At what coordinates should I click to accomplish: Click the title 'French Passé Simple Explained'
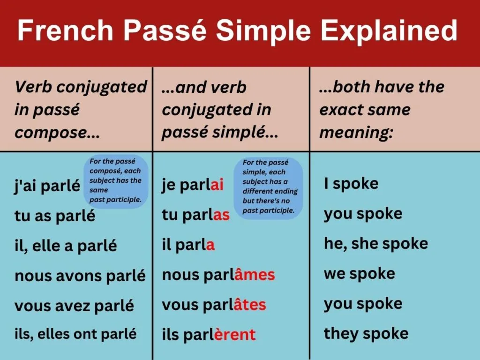pyautogui.click(x=237, y=31)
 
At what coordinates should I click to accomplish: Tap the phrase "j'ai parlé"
pyautogui.click(x=47, y=186)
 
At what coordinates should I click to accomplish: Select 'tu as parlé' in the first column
pyautogui.click(x=54, y=216)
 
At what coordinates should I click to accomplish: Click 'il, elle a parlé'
pyautogui.click(x=66, y=246)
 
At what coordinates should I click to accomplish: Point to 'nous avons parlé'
pyautogui.click(x=80, y=276)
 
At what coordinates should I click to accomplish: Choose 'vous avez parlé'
pyautogui.click(x=74, y=306)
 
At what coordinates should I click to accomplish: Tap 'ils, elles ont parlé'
pyautogui.click(x=75, y=334)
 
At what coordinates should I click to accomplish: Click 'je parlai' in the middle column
pyautogui.click(x=193, y=185)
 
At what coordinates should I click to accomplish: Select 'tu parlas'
pyautogui.click(x=195, y=215)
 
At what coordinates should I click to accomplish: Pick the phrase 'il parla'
pyautogui.click(x=188, y=245)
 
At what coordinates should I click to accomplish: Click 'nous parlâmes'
pyautogui.click(x=218, y=275)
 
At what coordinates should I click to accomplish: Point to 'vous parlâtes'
pyautogui.click(x=214, y=305)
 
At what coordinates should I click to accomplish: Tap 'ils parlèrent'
pyautogui.click(x=209, y=335)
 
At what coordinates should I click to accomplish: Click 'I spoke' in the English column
pyautogui.click(x=351, y=183)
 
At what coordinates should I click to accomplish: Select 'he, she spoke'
pyautogui.click(x=375, y=244)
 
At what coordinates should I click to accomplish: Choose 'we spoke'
pyautogui.click(x=359, y=274)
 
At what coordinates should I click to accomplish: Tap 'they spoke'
pyautogui.click(x=366, y=334)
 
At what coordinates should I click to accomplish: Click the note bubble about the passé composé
pyautogui.click(x=115, y=181)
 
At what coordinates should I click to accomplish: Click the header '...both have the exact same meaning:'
pyautogui.click(x=382, y=110)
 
